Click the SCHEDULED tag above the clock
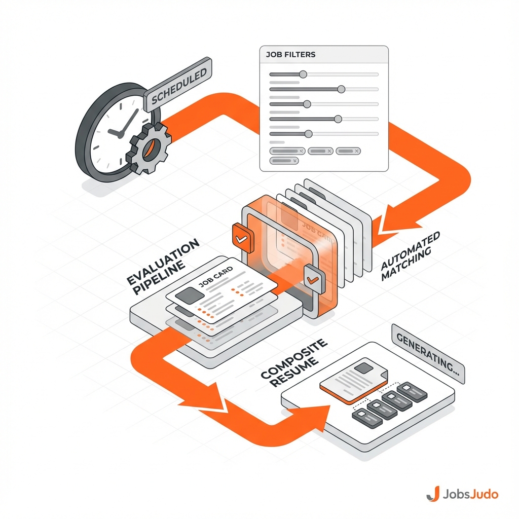click(178, 84)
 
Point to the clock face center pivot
click(120, 134)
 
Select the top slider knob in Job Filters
click(303, 75)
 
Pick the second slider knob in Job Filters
click(341, 89)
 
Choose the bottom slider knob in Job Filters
click(308, 134)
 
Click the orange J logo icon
click(432, 493)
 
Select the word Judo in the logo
click(483, 493)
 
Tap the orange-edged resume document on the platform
click(350, 383)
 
